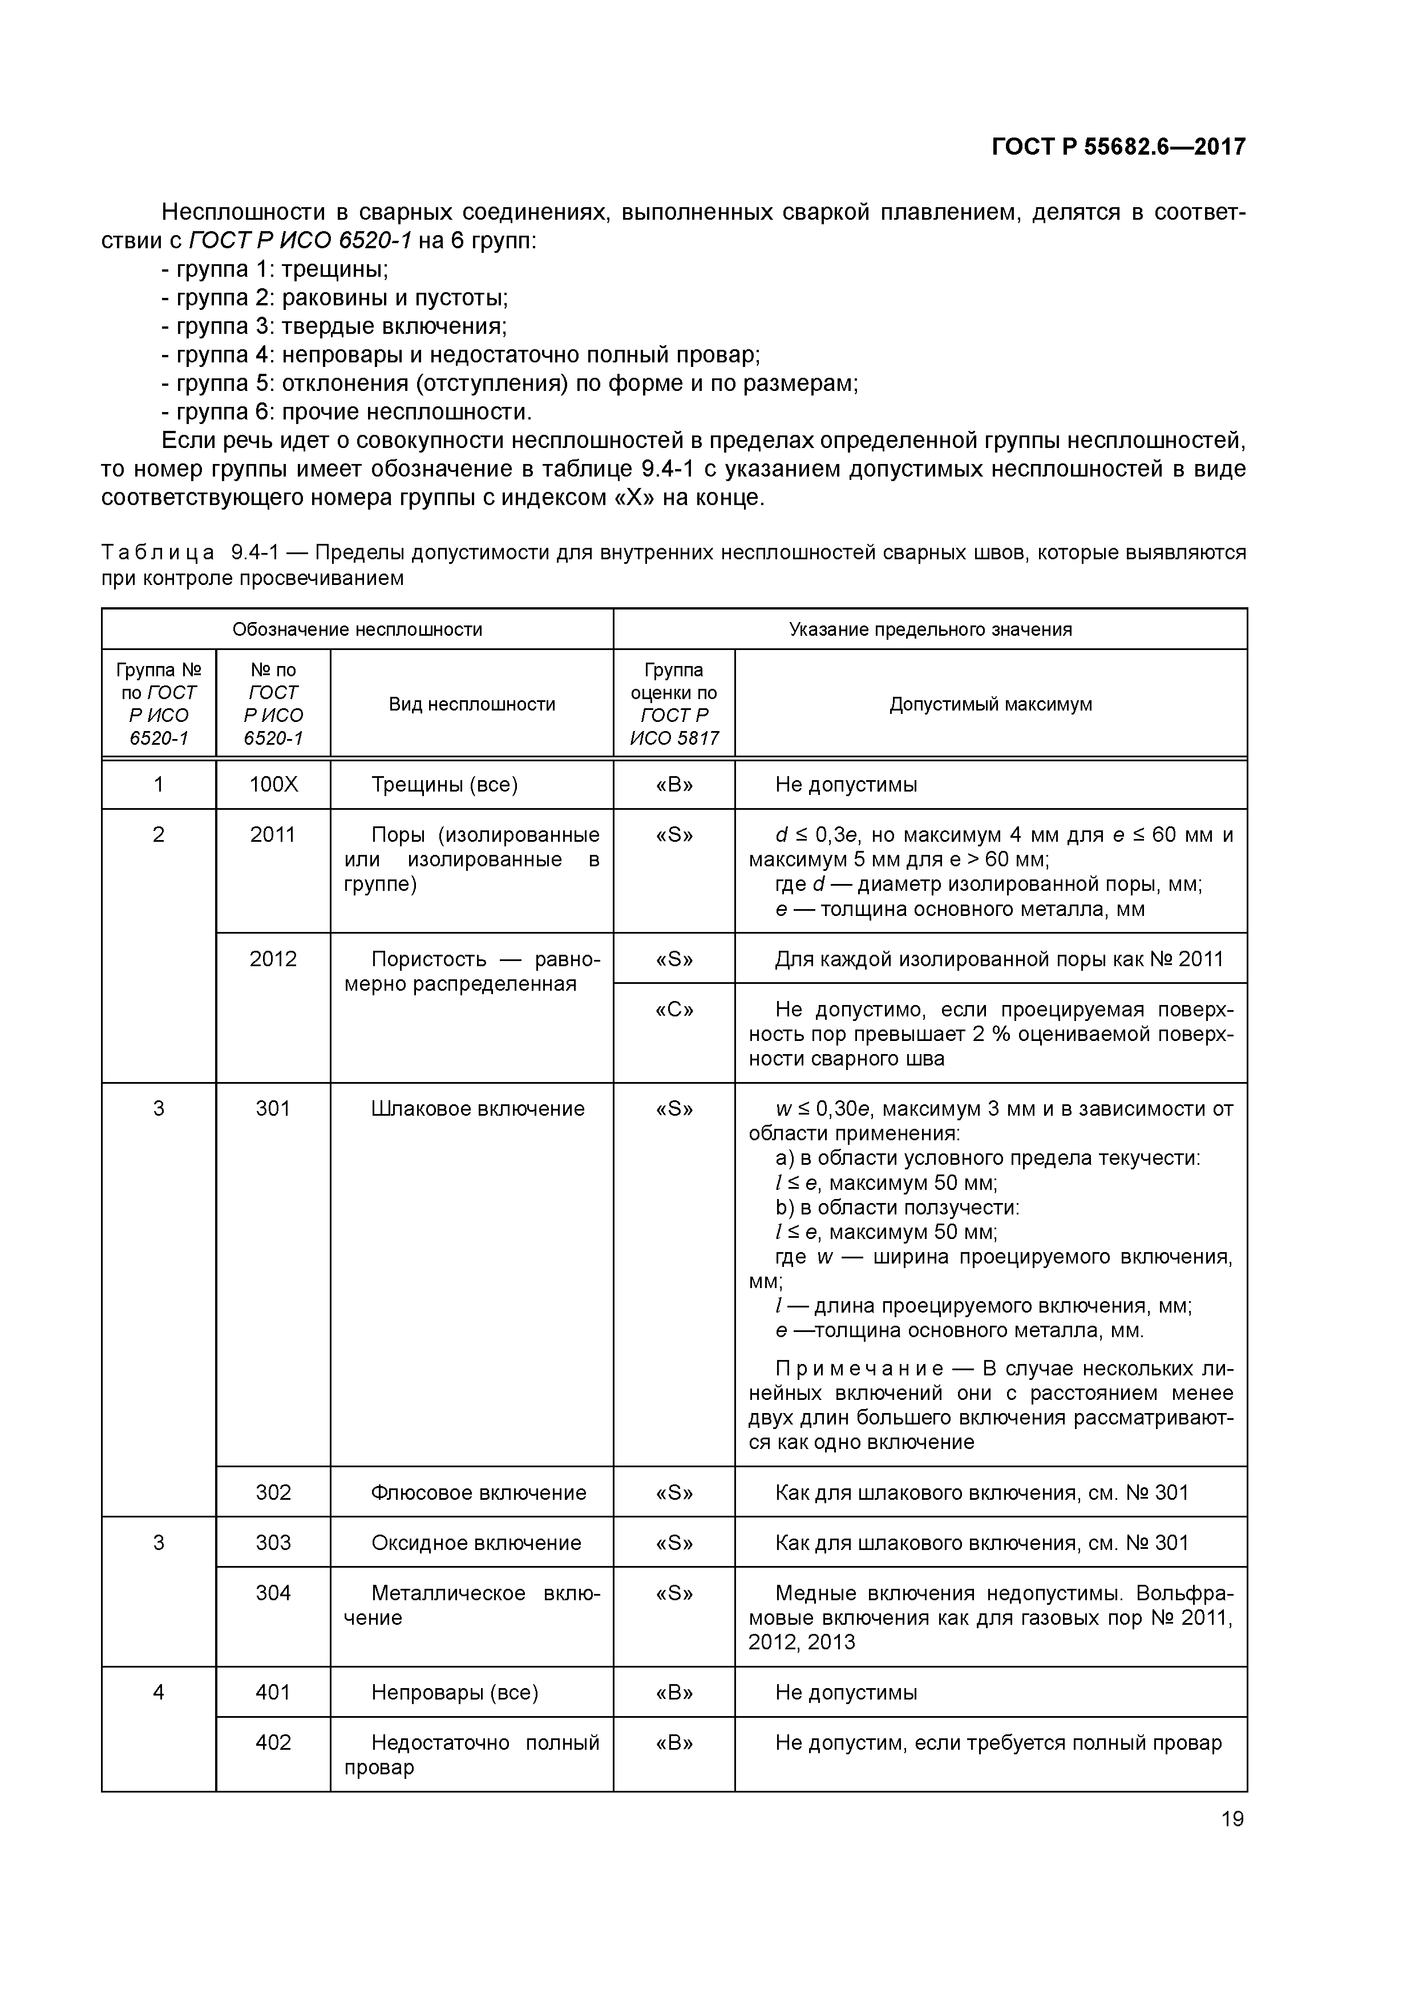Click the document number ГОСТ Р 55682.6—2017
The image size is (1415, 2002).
pos(1118,147)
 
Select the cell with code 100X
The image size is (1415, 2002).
pos(273,785)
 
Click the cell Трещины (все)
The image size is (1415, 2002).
pos(444,785)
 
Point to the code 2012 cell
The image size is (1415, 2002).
pos(273,959)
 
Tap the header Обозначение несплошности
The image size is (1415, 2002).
pos(357,629)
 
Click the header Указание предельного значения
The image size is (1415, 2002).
pos(930,629)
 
